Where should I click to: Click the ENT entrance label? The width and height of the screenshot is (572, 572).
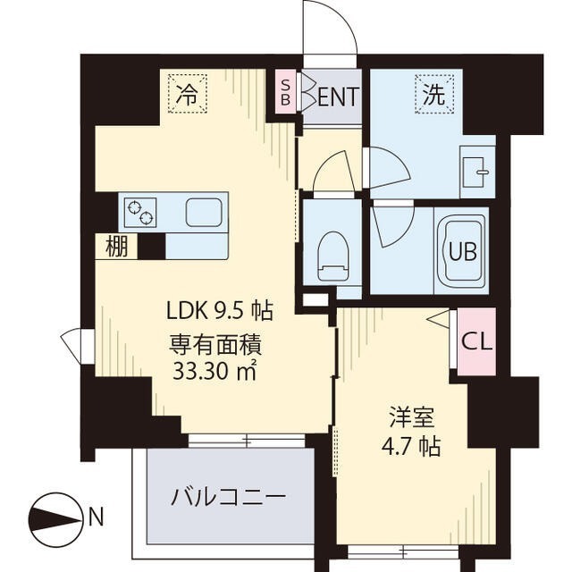(x=339, y=94)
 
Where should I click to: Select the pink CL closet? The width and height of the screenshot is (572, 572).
(x=475, y=341)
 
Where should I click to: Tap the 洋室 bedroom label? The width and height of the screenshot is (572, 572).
(x=412, y=417)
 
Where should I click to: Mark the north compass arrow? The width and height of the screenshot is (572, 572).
(x=55, y=516)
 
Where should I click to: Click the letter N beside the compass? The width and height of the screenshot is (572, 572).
(x=97, y=516)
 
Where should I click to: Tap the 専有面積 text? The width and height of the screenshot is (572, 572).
(x=219, y=343)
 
